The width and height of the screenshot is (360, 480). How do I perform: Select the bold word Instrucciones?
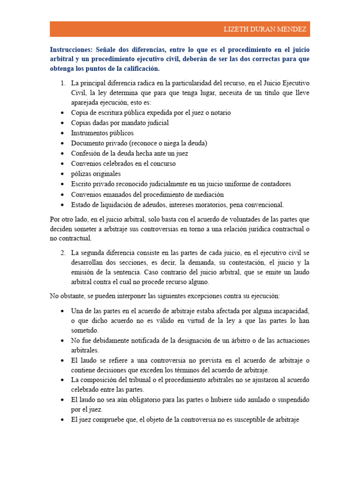[x=71, y=49]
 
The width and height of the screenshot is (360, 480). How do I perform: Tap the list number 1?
[x=62, y=83]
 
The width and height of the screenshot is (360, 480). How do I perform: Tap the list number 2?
[x=62, y=253]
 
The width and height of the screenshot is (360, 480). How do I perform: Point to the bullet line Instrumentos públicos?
[x=102, y=133]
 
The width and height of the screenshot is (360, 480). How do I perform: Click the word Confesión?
[x=86, y=153]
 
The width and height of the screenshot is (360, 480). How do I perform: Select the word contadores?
[x=275, y=184]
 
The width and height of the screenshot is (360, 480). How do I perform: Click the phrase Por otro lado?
[x=67, y=219]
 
